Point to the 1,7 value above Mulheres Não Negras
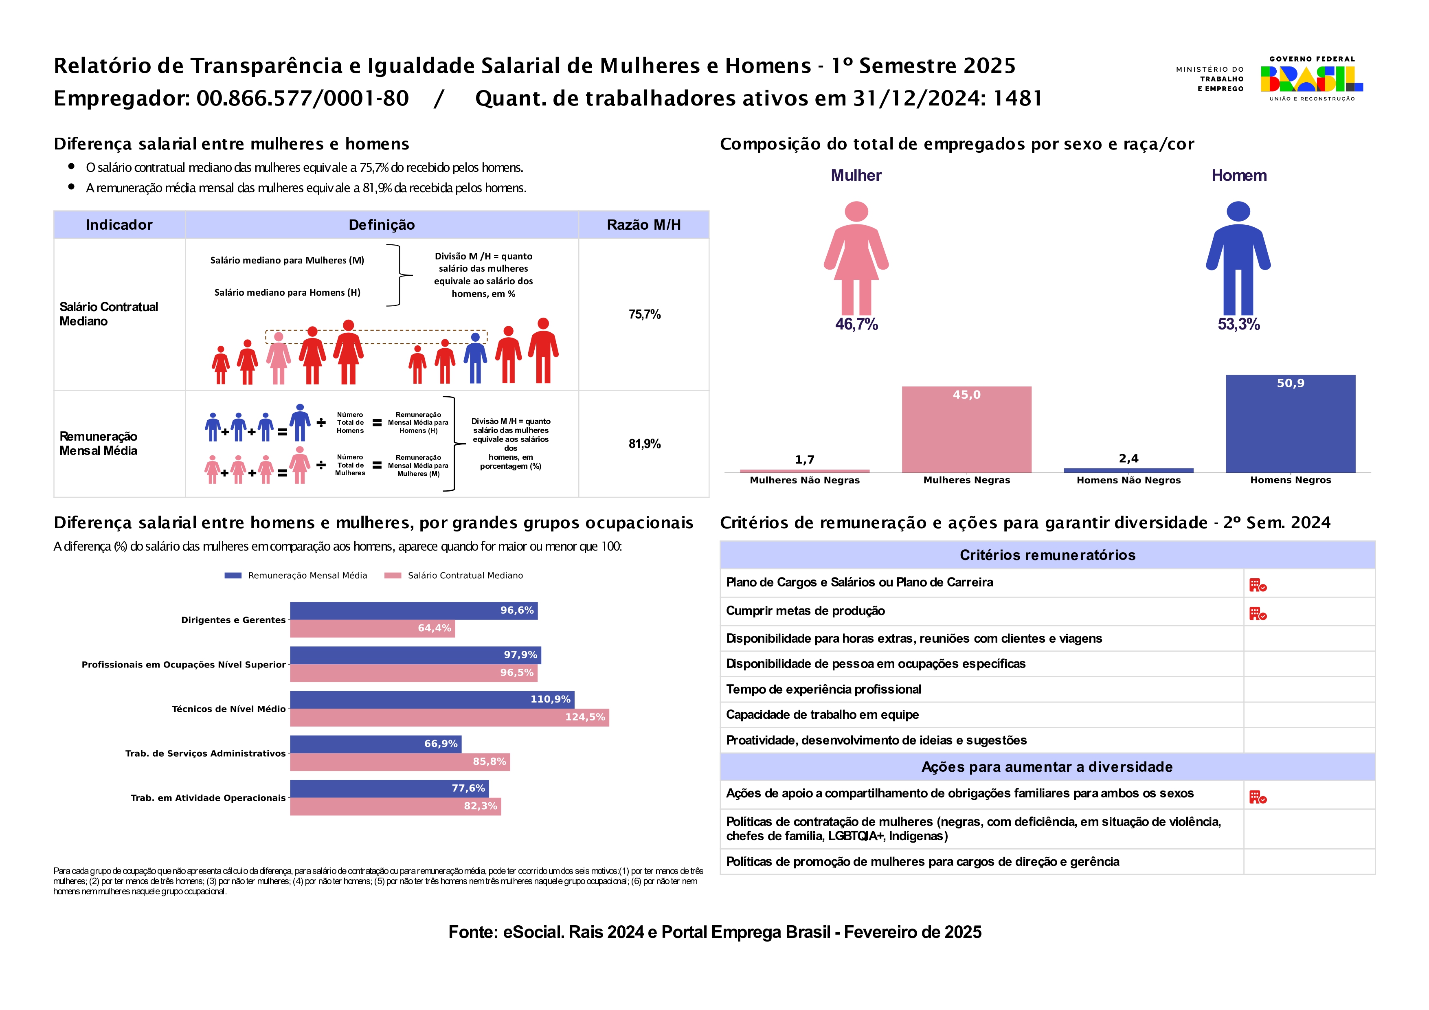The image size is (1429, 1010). (x=804, y=460)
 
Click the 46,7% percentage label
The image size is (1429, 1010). (x=856, y=324)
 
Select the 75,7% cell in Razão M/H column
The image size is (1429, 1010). (x=644, y=314)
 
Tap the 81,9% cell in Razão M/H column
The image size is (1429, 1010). (x=644, y=444)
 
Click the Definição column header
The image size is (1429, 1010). (x=382, y=225)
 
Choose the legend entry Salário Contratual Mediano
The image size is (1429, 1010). (x=465, y=575)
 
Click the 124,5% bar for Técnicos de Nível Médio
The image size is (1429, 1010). (x=449, y=718)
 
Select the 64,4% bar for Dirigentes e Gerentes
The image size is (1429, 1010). (x=372, y=628)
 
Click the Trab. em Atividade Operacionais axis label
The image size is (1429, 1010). (x=208, y=798)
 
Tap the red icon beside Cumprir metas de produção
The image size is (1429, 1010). (x=1257, y=614)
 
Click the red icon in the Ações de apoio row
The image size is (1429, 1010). (x=1257, y=797)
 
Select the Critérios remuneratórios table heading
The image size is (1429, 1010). (x=1047, y=555)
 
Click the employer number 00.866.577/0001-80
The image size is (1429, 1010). (x=303, y=98)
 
